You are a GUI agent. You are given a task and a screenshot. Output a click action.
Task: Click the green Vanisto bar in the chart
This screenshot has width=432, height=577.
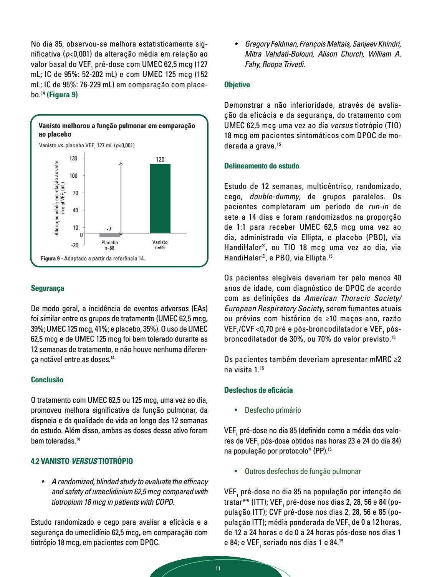tap(160, 198)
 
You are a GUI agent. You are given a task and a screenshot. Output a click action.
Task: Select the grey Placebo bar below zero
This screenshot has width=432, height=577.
tap(109, 235)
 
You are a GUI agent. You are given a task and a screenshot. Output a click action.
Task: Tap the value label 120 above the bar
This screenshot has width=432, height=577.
tap(160, 159)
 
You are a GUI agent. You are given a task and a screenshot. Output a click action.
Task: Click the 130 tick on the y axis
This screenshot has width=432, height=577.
tap(73, 158)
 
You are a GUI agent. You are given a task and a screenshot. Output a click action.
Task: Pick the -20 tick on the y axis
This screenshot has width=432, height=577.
tap(74, 245)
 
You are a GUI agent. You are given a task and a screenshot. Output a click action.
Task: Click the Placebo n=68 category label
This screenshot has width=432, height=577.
tap(109, 245)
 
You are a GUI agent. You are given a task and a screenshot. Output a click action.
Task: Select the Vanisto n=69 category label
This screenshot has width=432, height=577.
tap(160, 245)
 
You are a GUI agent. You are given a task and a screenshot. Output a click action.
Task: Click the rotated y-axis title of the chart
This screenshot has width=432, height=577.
tap(60, 198)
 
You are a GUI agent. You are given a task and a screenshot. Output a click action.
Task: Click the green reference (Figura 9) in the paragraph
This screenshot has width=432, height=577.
tap(62, 95)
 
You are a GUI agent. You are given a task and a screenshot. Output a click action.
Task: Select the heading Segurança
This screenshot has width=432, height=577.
tap(48, 288)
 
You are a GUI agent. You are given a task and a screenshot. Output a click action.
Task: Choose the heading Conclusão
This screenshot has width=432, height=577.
tap(47, 380)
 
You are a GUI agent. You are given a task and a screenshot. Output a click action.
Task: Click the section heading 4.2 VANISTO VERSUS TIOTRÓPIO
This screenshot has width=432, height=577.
tap(82, 461)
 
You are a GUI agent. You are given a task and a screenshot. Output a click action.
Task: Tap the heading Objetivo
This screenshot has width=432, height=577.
tap(237, 85)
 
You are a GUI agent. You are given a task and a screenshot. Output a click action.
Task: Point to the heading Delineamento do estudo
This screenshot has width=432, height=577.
tap(262, 166)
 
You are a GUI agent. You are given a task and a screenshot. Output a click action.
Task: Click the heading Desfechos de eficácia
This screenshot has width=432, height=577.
tap(258, 390)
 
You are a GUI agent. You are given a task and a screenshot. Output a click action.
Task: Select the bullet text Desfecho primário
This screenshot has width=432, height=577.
tap(273, 410)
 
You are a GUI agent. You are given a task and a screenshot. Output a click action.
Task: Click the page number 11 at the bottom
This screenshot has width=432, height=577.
tap(218, 569)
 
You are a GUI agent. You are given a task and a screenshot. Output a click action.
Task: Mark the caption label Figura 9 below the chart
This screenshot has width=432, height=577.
tap(51, 258)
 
